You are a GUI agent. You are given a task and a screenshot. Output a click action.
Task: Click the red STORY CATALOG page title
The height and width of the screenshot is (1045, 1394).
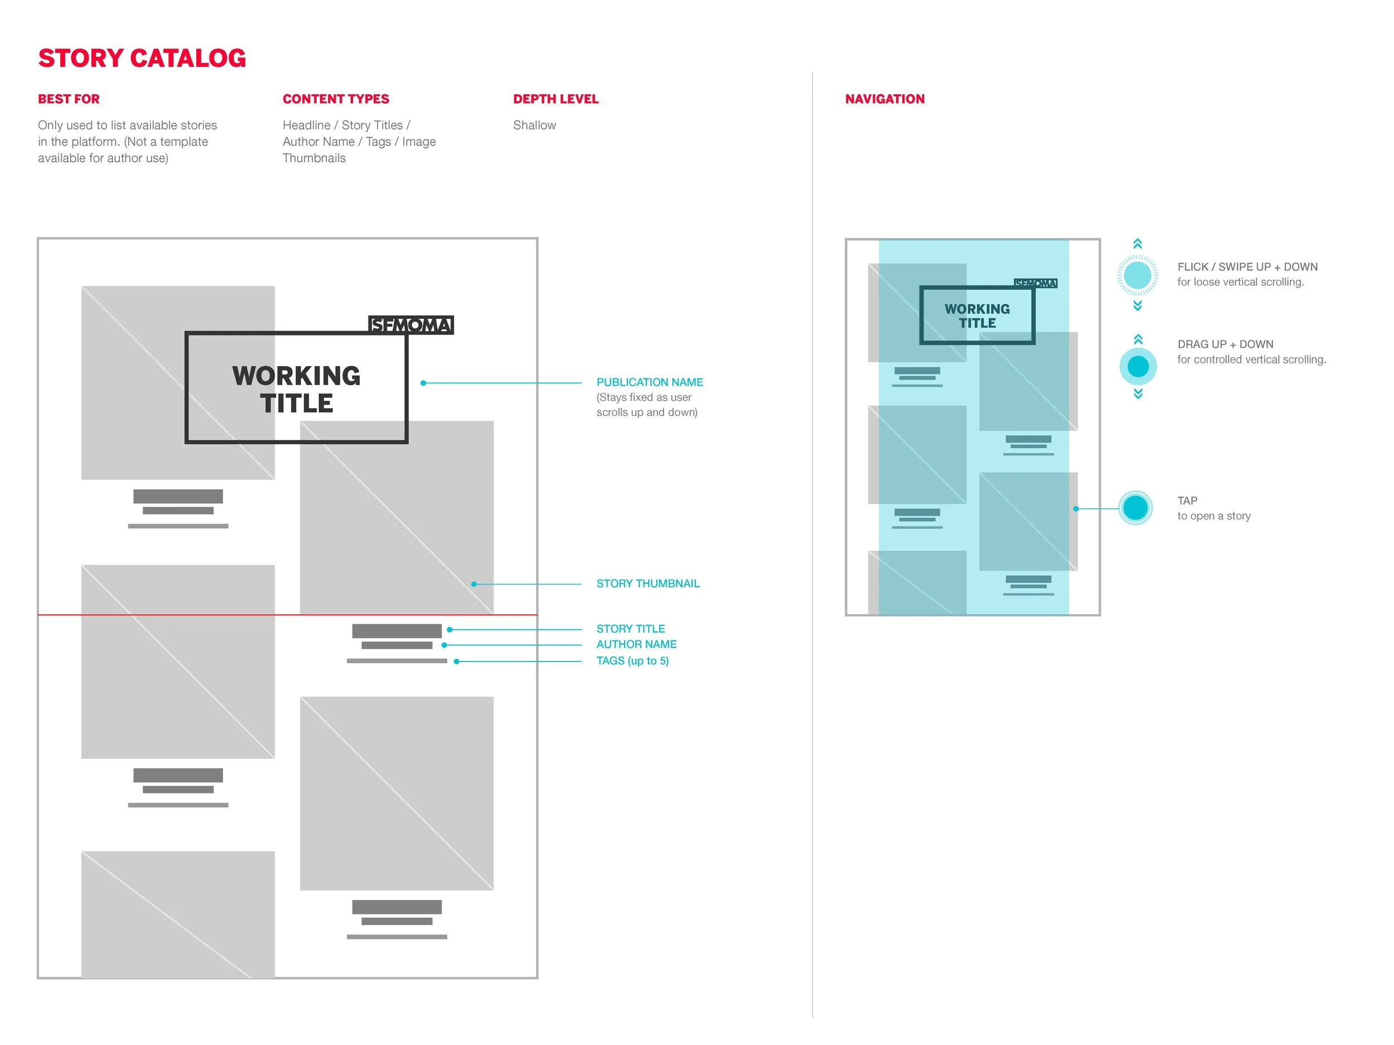coord(142,58)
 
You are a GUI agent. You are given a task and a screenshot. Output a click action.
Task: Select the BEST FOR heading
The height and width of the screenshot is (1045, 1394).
coord(69,99)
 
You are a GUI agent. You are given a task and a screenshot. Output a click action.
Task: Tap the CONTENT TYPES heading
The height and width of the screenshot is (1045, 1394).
coord(335,99)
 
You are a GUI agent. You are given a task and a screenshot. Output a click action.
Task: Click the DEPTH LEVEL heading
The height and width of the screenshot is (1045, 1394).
coord(555,99)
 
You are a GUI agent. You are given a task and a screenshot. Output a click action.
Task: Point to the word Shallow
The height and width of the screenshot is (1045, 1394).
coord(534,125)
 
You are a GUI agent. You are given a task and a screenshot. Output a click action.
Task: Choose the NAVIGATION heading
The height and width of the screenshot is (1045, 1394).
coord(884,99)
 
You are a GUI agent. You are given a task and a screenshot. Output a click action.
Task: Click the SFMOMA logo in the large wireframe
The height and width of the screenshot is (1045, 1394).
coord(410,325)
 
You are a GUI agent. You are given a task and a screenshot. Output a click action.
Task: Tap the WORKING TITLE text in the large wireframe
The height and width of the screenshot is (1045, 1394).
coord(296,389)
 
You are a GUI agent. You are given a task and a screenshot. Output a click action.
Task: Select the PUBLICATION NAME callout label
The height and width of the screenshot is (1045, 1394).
coord(649,382)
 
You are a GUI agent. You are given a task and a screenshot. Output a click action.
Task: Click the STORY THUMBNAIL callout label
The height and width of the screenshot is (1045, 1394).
coord(647,584)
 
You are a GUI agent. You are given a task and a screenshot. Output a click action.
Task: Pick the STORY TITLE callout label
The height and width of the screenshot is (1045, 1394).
coord(630,629)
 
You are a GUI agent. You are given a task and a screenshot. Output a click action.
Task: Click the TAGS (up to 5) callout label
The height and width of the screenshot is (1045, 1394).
coord(632,661)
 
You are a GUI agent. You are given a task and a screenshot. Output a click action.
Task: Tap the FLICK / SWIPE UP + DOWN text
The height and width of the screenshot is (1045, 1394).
coord(1247,267)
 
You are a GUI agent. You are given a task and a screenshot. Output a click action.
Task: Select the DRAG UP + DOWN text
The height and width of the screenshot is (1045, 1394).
coord(1225,344)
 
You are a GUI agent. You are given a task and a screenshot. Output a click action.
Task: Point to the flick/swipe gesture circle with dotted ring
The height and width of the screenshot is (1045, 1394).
coord(1137,275)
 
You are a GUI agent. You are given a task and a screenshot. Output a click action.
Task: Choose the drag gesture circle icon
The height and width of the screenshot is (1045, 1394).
coord(1138,367)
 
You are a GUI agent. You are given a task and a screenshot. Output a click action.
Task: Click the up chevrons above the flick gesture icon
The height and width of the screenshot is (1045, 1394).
coord(1137,244)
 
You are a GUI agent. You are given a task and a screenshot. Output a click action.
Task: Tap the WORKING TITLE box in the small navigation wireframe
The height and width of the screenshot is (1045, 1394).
coord(977,315)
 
